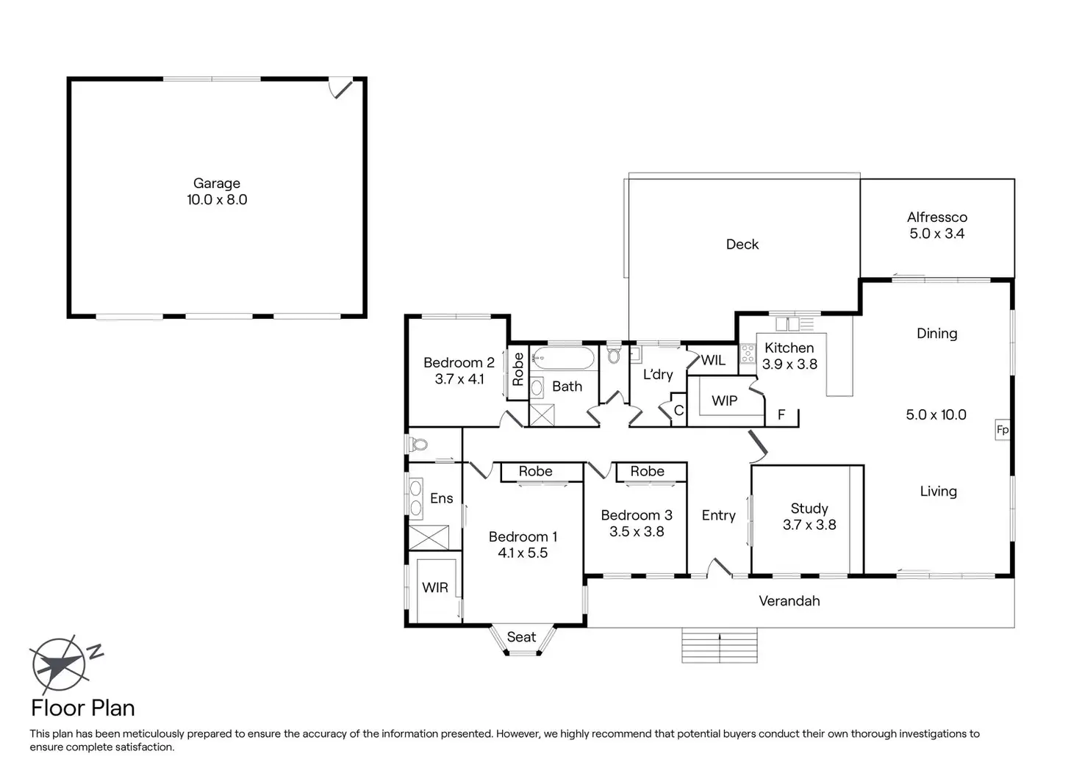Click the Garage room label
point(216,183)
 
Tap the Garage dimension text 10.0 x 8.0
point(216,199)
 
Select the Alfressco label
point(936,217)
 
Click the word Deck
point(742,244)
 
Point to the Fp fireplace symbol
point(1002,430)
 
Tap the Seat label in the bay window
point(521,637)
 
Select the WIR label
point(434,587)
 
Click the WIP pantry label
point(724,401)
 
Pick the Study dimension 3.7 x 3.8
point(809,525)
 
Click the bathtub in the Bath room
point(564,359)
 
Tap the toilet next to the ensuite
point(419,445)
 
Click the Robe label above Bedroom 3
point(647,471)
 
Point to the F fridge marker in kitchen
point(781,415)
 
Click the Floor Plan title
point(82,708)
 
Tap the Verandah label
point(789,600)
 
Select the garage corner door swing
point(342,88)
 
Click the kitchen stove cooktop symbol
point(748,353)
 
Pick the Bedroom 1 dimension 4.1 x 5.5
point(522,553)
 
